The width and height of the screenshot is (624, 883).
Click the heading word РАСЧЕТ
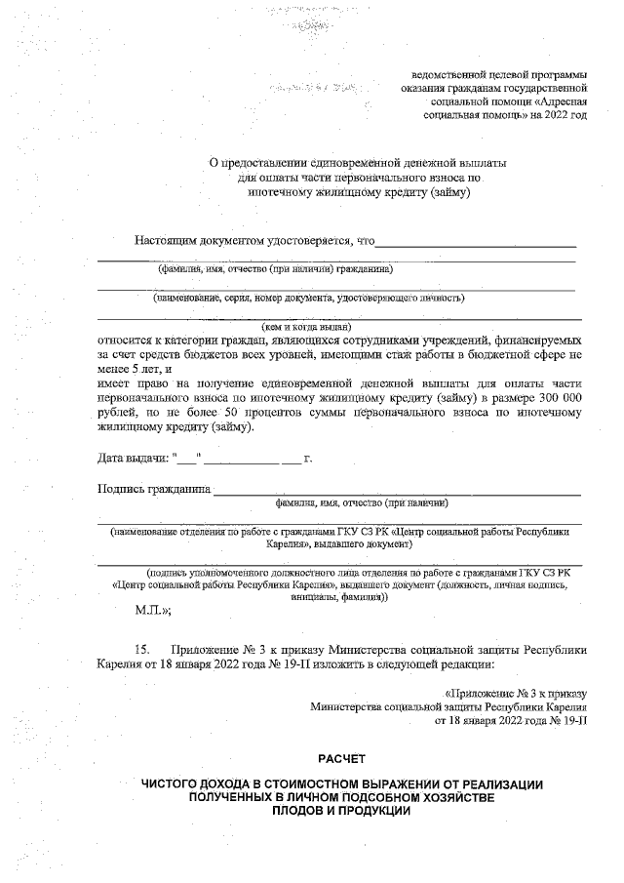click(x=340, y=758)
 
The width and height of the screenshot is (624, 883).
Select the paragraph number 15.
click(x=143, y=648)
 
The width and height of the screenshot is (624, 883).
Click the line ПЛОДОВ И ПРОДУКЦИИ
click(x=341, y=811)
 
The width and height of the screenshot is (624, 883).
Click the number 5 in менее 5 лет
click(x=135, y=369)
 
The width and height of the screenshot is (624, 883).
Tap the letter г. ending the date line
click(x=307, y=457)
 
